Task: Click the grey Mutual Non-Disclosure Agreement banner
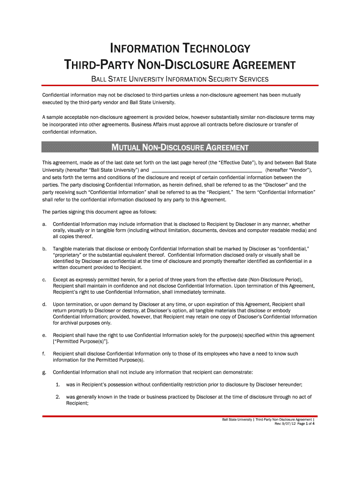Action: pyautogui.click(x=180, y=148)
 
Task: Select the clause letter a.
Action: pyautogui.click(x=44, y=224)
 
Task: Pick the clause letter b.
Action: pyautogui.click(x=44, y=248)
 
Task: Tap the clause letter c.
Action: pyautogui.click(x=44, y=279)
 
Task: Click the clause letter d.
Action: pyautogui.click(x=44, y=304)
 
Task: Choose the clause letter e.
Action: pyautogui.click(x=44, y=335)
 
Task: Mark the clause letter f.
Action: pyautogui.click(x=43, y=354)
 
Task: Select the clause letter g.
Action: pyautogui.click(x=44, y=372)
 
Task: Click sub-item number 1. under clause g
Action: pyautogui.click(x=57, y=385)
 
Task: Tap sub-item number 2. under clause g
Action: pyautogui.click(x=57, y=397)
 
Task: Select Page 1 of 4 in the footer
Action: pyautogui.click(x=306, y=424)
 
